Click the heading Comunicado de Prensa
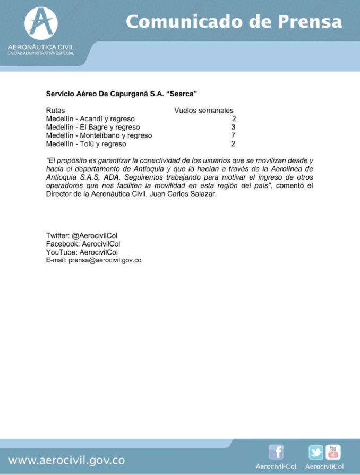[x=234, y=22]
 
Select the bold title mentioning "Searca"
[x=122, y=94]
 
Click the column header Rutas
[x=56, y=111]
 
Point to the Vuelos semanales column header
[x=204, y=111]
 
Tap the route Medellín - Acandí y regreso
[x=90, y=119]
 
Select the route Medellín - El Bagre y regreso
[x=93, y=127]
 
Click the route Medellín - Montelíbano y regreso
[x=99, y=135]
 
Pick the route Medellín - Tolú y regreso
[x=86, y=143]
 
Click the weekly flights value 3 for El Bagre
[x=233, y=127]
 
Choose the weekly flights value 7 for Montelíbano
[x=233, y=135]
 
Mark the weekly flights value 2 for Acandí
[x=233, y=119]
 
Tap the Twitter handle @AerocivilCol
[x=95, y=235]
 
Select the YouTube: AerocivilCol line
[x=82, y=252]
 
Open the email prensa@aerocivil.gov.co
[x=105, y=260]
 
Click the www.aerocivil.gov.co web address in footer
[x=67, y=460]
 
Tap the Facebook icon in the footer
[x=276, y=452]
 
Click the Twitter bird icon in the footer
[x=315, y=453]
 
